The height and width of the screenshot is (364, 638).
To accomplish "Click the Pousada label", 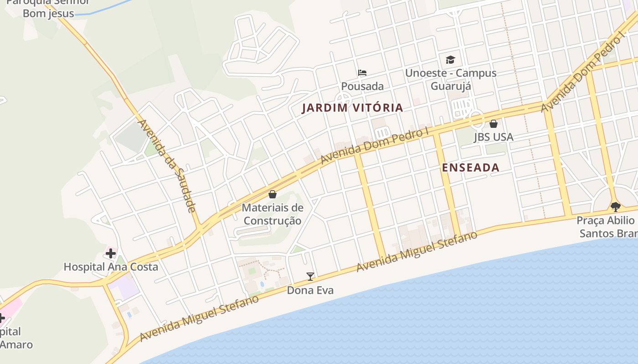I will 362,86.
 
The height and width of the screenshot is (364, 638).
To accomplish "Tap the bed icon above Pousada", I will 362,73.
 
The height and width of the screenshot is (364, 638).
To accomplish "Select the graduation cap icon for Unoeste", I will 450,60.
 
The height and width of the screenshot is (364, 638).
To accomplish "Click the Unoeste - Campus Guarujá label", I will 450,79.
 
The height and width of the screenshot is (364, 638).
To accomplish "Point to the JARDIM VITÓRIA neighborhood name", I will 353,108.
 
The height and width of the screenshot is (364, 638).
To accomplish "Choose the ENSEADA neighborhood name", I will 471,167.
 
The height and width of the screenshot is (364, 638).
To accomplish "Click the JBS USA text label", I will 493,136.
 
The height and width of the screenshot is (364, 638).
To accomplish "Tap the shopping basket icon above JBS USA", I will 493,124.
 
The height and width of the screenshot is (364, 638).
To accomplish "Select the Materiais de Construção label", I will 272,214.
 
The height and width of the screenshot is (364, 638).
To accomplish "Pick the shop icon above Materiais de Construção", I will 273,195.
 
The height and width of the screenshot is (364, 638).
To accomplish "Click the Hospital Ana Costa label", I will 111,267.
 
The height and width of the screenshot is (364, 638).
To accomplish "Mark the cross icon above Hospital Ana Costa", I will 111,253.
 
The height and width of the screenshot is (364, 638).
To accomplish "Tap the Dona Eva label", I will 310,290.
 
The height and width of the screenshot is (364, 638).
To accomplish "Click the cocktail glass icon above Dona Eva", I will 310,276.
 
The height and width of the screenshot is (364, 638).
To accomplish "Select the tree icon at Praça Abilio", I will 616,207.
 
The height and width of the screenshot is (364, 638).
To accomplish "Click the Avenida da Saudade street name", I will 167,166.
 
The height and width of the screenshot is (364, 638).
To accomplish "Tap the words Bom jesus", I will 48,13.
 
